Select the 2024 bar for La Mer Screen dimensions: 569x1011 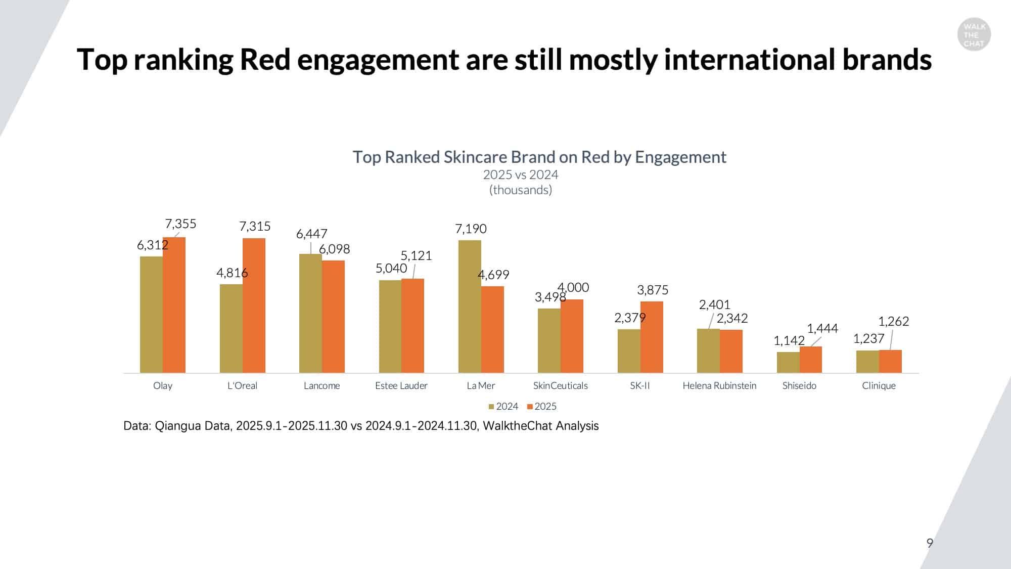[470, 307]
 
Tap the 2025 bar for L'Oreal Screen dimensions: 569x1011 [254, 305]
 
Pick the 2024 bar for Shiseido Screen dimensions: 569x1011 [788, 362]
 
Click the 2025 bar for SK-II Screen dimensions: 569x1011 [652, 337]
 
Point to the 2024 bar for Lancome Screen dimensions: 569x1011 [310, 313]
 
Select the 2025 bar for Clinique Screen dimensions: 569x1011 [890, 361]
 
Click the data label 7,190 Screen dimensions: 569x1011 [471, 229]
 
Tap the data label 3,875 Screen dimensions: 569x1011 [653, 290]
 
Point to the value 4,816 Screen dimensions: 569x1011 [232, 273]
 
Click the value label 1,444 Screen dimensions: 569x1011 [822, 328]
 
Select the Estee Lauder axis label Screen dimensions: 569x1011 [401, 385]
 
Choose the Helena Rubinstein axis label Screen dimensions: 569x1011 [719, 385]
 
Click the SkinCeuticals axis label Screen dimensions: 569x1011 [560, 385]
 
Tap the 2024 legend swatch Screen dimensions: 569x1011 [491, 407]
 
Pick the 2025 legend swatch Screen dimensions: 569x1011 [530, 407]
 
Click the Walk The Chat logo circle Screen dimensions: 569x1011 [974, 35]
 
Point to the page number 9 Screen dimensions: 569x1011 [930, 543]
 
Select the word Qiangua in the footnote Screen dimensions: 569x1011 [177, 426]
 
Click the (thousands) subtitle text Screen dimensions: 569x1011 [520, 190]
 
